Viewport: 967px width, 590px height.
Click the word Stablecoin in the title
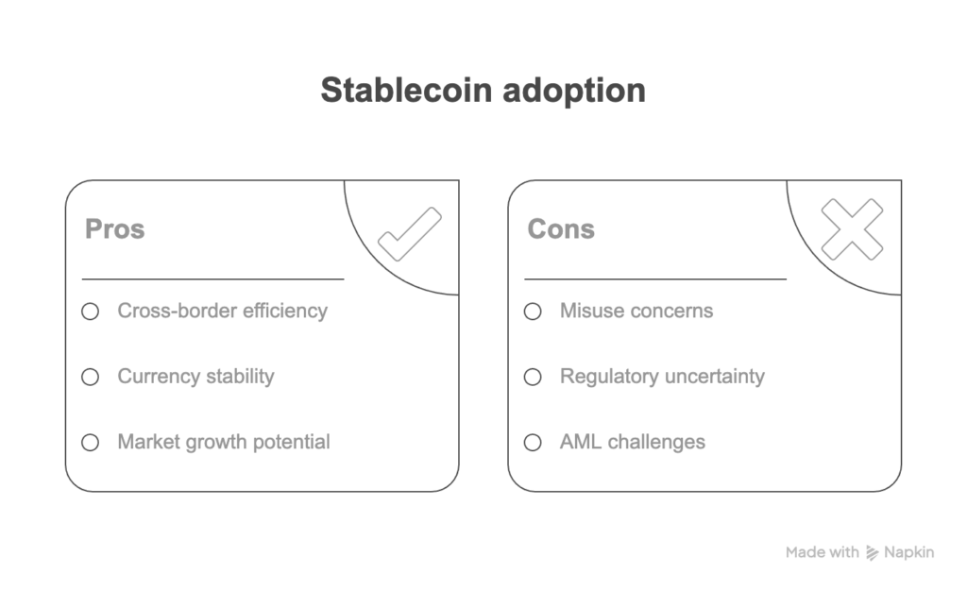pyautogui.click(x=406, y=90)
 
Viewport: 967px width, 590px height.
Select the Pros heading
pyautogui.click(x=114, y=228)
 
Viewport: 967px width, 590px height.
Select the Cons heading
pyautogui.click(x=561, y=228)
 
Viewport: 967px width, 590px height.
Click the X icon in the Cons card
pyautogui.click(x=853, y=228)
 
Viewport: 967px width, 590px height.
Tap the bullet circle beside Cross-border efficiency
pyautogui.click(x=90, y=312)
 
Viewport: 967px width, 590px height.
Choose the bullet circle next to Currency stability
pyautogui.click(x=90, y=377)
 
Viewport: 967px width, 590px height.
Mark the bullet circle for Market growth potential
pyautogui.click(x=90, y=443)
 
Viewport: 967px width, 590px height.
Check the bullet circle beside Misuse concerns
pyautogui.click(x=533, y=312)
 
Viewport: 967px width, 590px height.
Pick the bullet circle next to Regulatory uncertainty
pyautogui.click(x=533, y=377)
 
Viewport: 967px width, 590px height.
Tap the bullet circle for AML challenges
pyautogui.click(x=533, y=443)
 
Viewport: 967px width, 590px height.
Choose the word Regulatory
pyautogui.click(x=609, y=377)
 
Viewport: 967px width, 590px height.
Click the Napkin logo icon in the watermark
pyautogui.click(x=872, y=553)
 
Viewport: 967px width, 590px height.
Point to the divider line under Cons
pyautogui.click(x=655, y=279)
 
